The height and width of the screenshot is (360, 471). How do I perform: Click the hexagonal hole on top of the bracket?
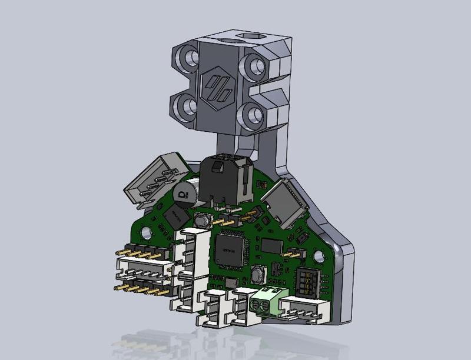[x=246, y=38]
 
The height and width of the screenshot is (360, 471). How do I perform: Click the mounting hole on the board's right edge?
[x=320, y=256]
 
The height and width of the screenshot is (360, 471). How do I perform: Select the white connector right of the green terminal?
[x=303, y=309]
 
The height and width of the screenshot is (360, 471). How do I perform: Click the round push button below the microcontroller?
[x=257, y=275]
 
